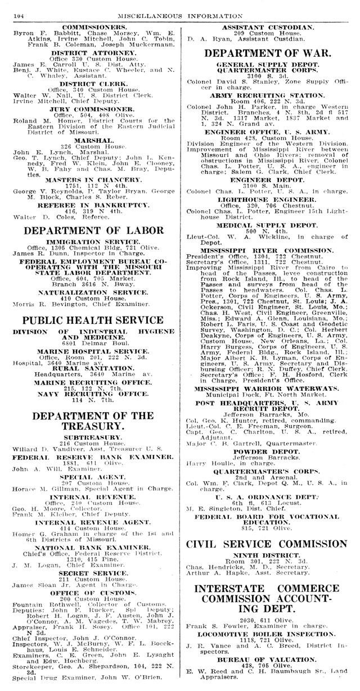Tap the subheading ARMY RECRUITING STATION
point(267,96)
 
